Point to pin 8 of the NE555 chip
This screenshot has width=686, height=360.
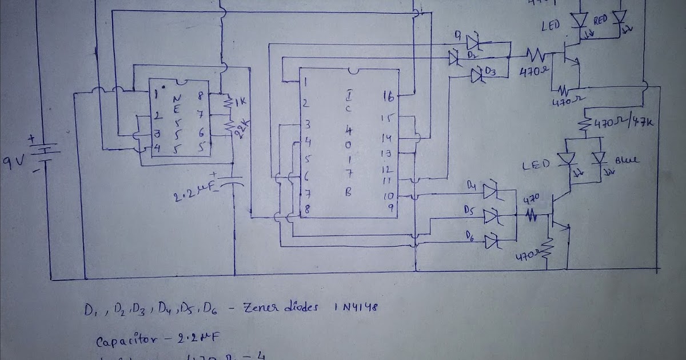pyautogui.click(x=200, y=96)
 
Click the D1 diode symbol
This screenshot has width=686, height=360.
pyautogui.click(x=473, y=41)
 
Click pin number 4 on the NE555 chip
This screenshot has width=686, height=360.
pyautogui.click(x=156, y=147)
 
